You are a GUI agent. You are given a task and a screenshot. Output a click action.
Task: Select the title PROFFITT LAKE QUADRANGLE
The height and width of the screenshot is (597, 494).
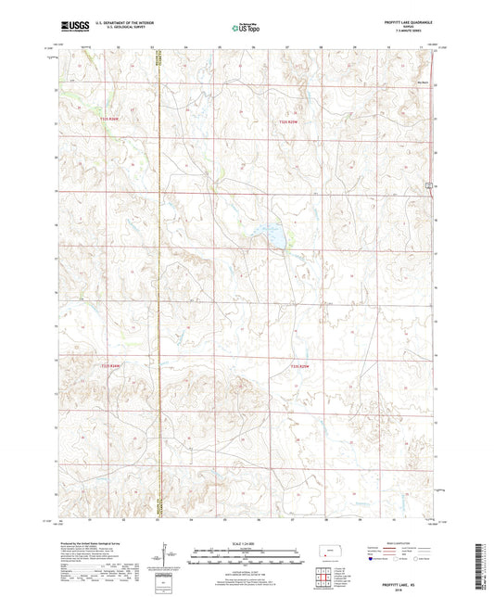(402, 20)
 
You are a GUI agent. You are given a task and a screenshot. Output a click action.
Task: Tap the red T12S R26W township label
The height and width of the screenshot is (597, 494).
(110, 120)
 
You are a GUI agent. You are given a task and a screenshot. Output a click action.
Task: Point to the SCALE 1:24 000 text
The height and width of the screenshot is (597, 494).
(247, 543)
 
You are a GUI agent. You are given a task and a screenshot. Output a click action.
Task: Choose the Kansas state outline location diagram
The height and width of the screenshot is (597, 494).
(329, 553)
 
